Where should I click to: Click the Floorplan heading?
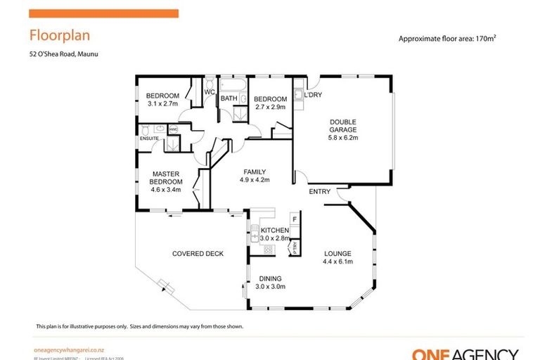click(59, 35)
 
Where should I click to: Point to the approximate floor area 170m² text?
click(452, 39)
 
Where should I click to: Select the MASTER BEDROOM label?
click(167, 177)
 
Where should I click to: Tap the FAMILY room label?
click(255, 172)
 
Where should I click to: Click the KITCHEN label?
click(275, 231)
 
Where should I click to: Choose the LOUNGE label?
click(337, 254)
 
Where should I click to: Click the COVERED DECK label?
click(198, 254)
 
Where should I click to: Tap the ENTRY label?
click(319, 191)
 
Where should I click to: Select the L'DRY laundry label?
click(313, 95)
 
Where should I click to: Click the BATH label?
click(229, 98)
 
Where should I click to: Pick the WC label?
click(210, 92)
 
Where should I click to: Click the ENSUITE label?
click(149, 139)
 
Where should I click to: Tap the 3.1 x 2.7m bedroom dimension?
click(162, 104)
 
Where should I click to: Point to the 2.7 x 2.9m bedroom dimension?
click(270, 108)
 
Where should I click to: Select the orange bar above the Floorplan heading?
click(103, 13)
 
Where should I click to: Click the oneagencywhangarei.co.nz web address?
click(70, 349)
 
